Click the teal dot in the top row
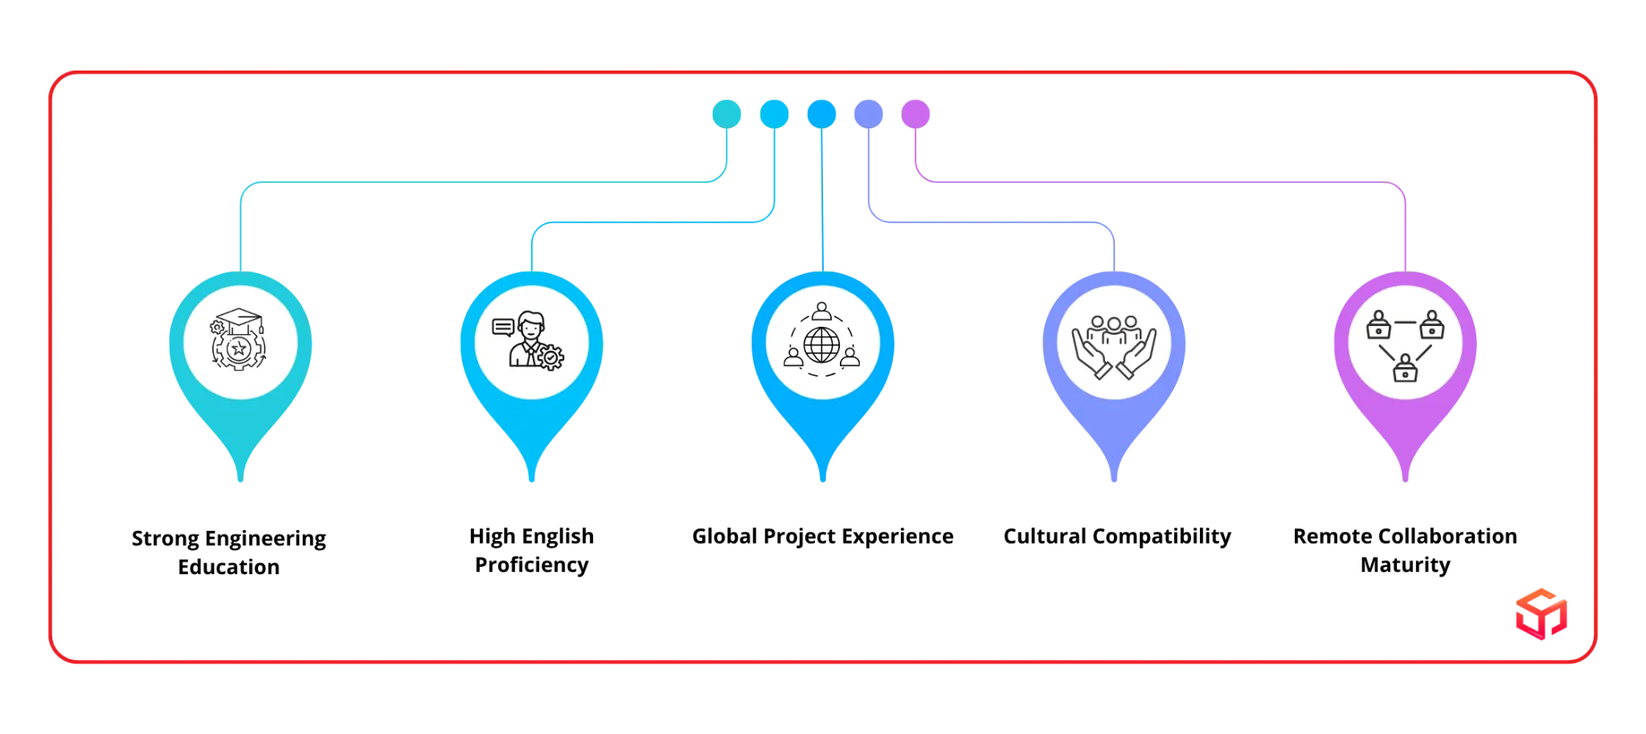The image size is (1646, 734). [727, 113]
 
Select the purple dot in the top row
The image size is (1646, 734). [915, 113]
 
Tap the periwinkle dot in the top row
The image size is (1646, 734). [868, 113]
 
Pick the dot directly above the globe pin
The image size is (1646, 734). [821, 113]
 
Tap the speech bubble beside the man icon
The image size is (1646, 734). [503, 328]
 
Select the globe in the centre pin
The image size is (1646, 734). [821, 345]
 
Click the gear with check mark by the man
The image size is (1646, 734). [551, 357]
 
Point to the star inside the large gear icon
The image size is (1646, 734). [238, 349]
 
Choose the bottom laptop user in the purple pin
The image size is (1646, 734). [1404, 369]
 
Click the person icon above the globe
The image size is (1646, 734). [821, 311]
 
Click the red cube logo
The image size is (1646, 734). [1539, 614]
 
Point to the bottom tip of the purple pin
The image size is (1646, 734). [1405, 483]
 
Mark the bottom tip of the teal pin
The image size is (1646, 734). [240, 483]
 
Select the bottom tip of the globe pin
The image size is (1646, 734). [822, 483]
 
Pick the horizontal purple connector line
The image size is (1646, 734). [1165, 183]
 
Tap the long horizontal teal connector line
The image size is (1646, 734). [482, 183]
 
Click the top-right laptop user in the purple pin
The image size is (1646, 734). [1431, 324]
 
